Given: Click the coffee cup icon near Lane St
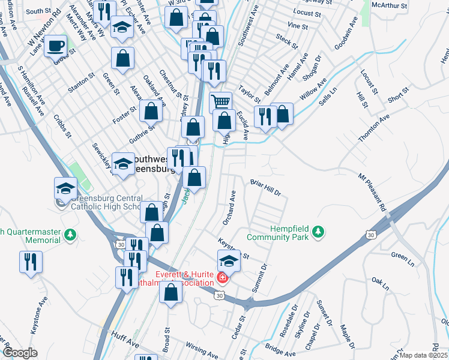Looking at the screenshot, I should pyautogui.click(x=56, y=45).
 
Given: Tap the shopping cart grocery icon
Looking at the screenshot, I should pyautogui.click(x=220, y=101).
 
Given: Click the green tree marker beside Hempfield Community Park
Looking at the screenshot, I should pyautogui.click(x=319, y=232).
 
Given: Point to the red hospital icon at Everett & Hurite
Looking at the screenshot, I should pyautogui.click(x=222, y=277).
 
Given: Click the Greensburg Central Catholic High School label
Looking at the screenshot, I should pyautogui.click(x=107, y=202).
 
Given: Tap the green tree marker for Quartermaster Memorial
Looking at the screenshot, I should pyautogui.click(x=71, y=234).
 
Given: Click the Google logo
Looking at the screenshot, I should pyautogui.click(x=19, y=352).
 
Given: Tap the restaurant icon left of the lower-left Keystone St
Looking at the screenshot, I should pyautogui.click(x=30, y=262).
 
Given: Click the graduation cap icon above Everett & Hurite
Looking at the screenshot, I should pyautogui.click(x=229, y=260).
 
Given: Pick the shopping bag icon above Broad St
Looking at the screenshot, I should pyautogui.click(x=172, y=293).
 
